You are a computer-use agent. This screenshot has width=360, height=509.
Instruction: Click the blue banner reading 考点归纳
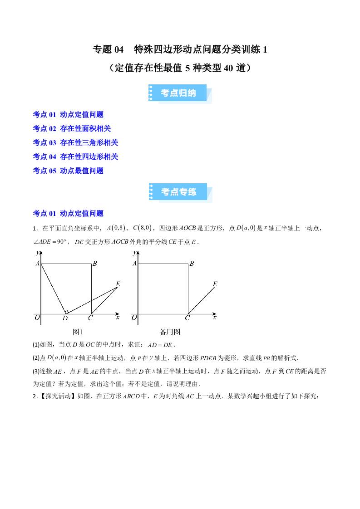tap(179, 93)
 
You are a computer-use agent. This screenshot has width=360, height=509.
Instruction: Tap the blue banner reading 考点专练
tap(179, 192)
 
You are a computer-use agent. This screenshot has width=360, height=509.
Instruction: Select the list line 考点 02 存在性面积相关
tap(72, 129)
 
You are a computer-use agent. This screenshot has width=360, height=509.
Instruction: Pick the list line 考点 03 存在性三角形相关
tap(75, 143)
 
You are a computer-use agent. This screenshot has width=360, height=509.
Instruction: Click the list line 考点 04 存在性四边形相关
tap(75, 157)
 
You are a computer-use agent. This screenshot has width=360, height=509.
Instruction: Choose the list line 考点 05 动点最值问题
tap(68, 171)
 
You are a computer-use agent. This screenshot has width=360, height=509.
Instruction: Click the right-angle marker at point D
tap(66, 312)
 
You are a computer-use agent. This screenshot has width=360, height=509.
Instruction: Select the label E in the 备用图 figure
tap(215, 284)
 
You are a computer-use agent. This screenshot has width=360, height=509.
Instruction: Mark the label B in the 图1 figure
tap(94, 263)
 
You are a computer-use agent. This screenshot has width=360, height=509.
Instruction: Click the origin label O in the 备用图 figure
tap(134, 318)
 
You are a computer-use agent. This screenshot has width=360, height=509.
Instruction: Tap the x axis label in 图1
tap(118, 318)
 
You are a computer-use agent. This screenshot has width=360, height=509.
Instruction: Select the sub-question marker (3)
tap(37, 371)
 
